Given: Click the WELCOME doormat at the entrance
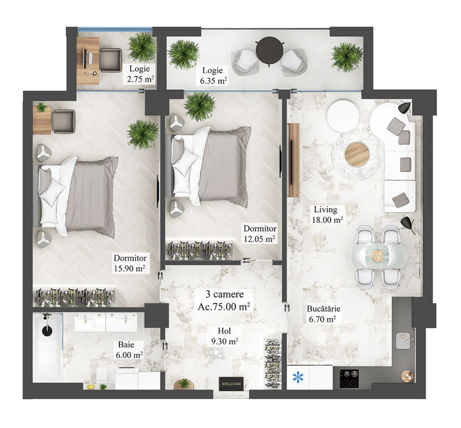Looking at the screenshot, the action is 231,384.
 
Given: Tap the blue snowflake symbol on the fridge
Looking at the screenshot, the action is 298,377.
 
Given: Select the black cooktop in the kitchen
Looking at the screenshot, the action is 349,379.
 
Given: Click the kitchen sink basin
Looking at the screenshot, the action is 403,341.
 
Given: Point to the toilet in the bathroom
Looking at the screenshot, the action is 102,375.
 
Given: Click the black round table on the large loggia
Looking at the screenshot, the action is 269,50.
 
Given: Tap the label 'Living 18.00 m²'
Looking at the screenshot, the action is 327,215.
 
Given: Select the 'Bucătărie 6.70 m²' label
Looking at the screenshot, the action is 323,314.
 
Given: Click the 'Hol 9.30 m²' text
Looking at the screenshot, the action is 224,336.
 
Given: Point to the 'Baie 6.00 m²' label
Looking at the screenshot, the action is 129,350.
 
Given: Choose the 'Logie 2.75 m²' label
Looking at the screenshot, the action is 140,74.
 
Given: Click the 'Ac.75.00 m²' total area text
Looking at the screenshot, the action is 224,307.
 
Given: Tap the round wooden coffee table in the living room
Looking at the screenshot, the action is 357,154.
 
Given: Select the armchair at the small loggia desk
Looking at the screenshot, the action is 111,60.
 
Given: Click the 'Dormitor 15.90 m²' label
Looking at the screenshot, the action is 130,263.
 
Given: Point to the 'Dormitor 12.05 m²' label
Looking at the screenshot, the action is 260,233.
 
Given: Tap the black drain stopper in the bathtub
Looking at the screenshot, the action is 48,331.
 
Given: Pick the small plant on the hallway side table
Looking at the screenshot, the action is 184,383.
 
